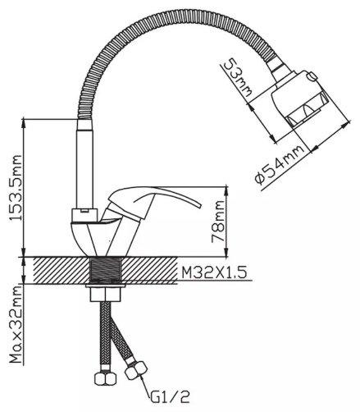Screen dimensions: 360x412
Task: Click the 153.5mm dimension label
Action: coord(16,188)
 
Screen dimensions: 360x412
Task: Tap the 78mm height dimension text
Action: coord(218,222)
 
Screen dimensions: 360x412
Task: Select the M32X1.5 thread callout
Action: coord(215,272)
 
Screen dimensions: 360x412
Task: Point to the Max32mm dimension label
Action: coord(16,324)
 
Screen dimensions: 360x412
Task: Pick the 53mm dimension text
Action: coord(238,77)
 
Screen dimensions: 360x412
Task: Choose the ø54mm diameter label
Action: coord(280,165)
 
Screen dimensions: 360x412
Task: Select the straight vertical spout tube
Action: coord(85,164)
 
